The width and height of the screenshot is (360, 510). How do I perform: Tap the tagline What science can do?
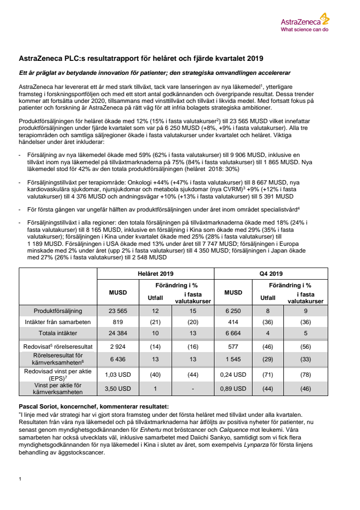[304, 29]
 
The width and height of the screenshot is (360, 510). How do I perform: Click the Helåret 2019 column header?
[156, 273]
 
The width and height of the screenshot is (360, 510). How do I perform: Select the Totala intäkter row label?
[58, 333]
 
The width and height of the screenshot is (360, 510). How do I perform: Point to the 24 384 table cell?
[118, 333]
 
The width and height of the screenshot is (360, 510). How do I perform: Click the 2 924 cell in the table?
[118, 346]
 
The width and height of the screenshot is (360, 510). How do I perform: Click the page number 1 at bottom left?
[20, 479]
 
